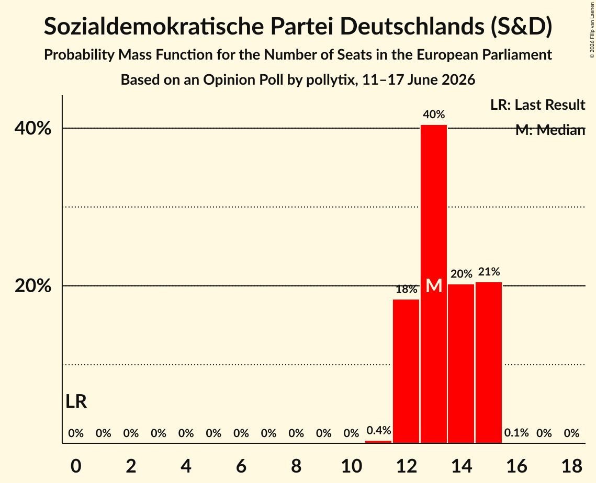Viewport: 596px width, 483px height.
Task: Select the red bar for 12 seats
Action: coord(406,371)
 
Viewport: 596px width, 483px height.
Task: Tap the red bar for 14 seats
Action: coord(461,363)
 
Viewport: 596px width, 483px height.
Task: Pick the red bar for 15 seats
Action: coord(489,362)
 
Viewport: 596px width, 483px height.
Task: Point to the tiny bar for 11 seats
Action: coord(378,442)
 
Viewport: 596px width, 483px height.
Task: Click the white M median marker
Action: coord(434,285)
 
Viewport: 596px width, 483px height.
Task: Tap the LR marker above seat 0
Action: coord(76,401)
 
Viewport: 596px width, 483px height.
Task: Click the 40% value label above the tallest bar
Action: coord(434,114)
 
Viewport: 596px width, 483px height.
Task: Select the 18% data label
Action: coord(407,290)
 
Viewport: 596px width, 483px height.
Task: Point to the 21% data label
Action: coord(489,271)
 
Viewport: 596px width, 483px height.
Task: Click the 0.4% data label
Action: coord(378,430)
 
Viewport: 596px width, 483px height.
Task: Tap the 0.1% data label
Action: coord(516,433)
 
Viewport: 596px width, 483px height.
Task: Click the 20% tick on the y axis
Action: coord(32,286)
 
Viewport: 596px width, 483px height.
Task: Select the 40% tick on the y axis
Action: coord(32,129)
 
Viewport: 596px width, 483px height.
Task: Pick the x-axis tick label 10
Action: coord(351,466)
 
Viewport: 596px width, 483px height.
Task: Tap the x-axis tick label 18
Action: coord(572,466)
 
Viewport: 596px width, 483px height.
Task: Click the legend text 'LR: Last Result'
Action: coord(537,105)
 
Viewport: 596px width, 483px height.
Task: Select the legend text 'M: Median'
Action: coord(550,130)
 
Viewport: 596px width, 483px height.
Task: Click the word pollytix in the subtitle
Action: coord(330,80)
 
